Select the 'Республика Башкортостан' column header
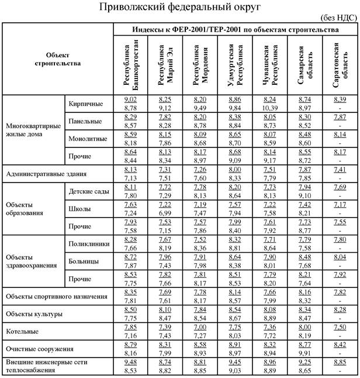pos(131,65)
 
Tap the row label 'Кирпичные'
pos(85,104)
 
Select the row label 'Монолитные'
pos(87,139)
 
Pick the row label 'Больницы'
pos(83,260)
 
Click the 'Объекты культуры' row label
pos(35,314)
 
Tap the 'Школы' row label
pos(79,208)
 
